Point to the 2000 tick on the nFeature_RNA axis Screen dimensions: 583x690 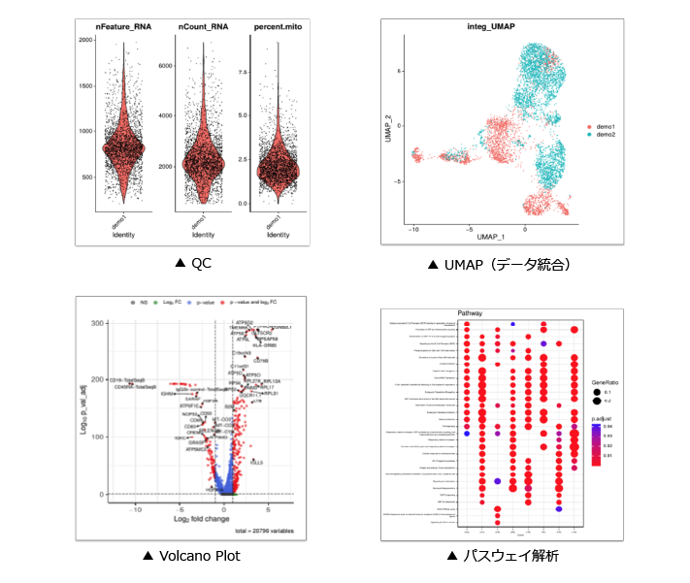[x=85, y=40]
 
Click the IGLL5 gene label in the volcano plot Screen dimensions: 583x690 [x=256, y=463]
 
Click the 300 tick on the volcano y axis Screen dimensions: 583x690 [x=98, y=322]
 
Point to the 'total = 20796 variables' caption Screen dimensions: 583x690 [x=264, y=532]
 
